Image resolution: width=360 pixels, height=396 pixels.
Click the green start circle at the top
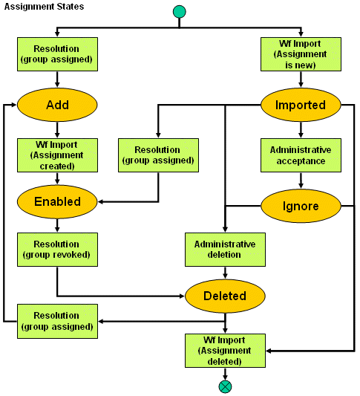pos(179,12)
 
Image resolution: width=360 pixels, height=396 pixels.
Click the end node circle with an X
pos(225,386)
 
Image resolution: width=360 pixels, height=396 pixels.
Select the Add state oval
pos(57,105)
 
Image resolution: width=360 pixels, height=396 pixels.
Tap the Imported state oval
pos(300,105)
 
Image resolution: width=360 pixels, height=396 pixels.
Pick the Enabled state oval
pos(57,201)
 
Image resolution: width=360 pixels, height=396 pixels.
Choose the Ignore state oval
pos(300,206)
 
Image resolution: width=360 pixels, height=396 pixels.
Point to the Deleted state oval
pos(225,296)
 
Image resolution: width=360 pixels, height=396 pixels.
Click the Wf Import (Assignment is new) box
pos(300,53)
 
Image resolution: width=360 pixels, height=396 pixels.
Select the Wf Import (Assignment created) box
pos(57,155)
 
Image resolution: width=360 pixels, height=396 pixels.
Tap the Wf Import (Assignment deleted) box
pos(225,351)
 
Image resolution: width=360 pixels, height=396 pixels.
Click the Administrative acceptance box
pos(300,155)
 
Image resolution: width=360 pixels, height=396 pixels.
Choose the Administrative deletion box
pos(225,250)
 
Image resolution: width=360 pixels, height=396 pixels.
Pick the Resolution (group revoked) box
pos(57,250)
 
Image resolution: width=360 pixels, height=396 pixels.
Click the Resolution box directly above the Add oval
pos(57,53)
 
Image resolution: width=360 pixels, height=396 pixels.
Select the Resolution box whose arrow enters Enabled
pos(159,155)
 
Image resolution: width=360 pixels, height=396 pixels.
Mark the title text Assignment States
pos(44,7)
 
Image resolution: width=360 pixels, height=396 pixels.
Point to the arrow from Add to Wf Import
pos(57,129)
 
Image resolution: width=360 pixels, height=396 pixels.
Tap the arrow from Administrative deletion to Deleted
pos(225,273)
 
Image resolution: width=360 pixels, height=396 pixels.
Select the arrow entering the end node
pos(225,374)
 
